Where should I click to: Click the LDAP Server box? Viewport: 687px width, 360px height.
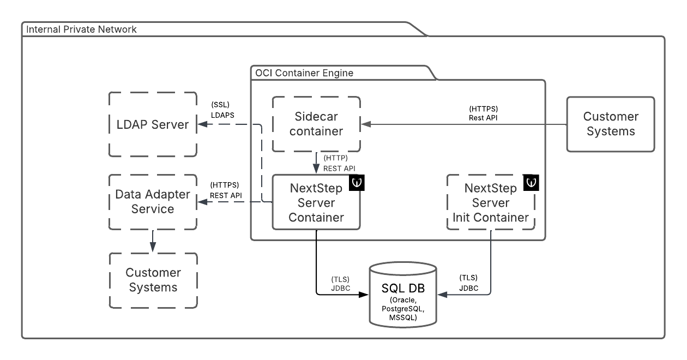click(x=153, y=124)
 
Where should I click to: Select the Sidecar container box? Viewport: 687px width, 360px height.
click(x=316, y=124)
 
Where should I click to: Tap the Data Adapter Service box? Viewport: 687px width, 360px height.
click(x=153, y=202)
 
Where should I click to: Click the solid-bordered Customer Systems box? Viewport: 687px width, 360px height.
click(x=611, y=124)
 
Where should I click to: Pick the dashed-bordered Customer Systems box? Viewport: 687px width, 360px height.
click(x=153, y=279)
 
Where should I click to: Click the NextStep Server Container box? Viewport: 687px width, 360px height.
click(x=316, y=203)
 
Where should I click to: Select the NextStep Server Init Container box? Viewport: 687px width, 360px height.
click(x=491, y=203)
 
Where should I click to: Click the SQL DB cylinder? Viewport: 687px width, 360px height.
click(x=403, y=295)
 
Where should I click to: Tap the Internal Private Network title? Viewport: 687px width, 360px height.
click(x=82, y=29)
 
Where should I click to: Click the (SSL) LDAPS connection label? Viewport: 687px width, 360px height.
click(x=222, y=110)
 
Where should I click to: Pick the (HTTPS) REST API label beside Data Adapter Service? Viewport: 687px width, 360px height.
click(x=225, y=190)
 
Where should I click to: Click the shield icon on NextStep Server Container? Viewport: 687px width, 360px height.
click(x=356, y=183)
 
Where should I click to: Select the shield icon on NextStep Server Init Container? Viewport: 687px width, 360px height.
click(x=531, y=183)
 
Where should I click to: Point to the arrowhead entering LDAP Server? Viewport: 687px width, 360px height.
click(x=201, y=124)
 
